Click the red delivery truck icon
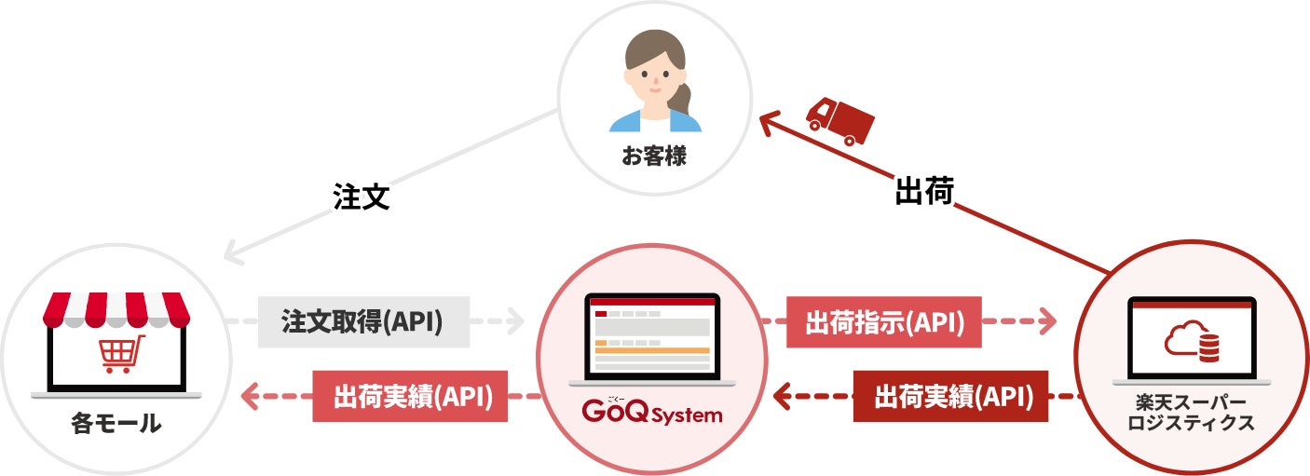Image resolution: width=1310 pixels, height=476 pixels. (839, 119)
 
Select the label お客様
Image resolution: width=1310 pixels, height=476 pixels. (654, 155)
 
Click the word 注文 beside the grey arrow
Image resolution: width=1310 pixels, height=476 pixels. (361, 197)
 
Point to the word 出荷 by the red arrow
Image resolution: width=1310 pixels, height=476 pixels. (923, 192)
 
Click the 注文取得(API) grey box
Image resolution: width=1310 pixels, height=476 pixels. (362, 322)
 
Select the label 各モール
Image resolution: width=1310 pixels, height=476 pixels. (116, 425)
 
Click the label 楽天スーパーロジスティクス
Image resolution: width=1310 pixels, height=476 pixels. (1191, 413)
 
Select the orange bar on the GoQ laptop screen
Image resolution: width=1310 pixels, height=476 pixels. (652, 349)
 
